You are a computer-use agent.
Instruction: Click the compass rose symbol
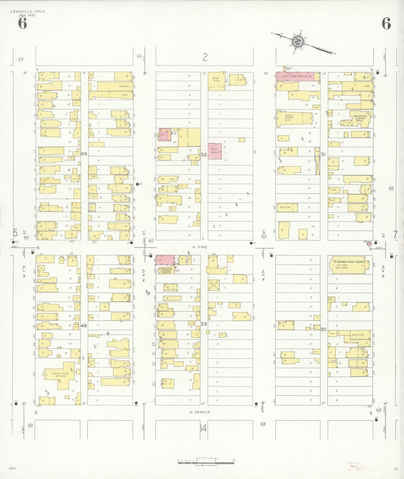click(297, 42)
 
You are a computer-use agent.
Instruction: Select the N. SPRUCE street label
click(200, 412)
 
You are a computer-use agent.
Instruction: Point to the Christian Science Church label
click(166, 271)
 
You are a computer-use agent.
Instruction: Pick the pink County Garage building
click(215, 151)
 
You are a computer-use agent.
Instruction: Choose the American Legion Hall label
click(360, 118)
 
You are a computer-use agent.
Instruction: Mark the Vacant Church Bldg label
click(289, 118)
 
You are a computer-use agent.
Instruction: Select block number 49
click(84, 154)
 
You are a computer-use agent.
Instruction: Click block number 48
click(84, 326)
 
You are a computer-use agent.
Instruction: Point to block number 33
click(204, 324)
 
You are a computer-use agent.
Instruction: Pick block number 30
click(323, 329)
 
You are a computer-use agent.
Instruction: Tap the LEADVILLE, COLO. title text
click(28, 11)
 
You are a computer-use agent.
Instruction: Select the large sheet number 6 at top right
click(386, 23)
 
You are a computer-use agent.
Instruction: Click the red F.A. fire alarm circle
click(369, 243)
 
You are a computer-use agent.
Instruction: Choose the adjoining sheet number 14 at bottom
click(204, 428)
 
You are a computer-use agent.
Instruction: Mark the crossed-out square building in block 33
click(214, 285)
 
